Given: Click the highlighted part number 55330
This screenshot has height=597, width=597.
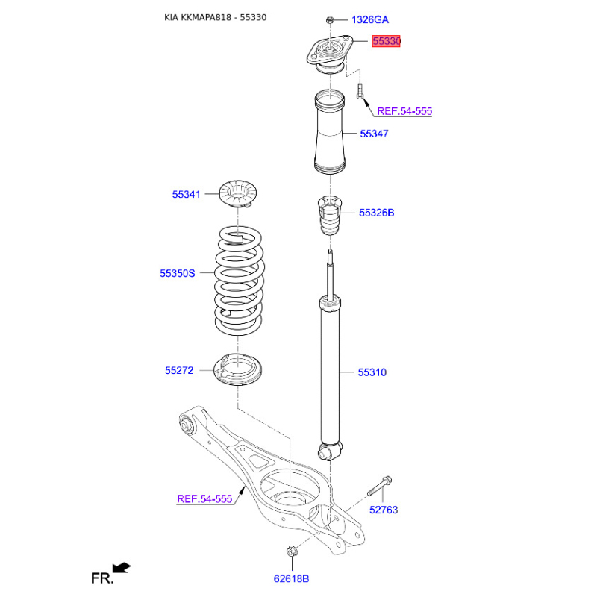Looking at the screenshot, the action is coord(387,41).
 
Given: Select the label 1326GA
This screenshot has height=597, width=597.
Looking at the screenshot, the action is coord(369,20).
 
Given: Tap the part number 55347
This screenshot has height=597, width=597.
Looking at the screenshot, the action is coord(374,134).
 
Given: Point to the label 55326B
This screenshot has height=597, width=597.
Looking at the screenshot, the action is coord(377,213).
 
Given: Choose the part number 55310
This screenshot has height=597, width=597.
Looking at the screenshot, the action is coord(372,372).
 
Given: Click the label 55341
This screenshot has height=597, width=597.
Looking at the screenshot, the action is coord(186,194).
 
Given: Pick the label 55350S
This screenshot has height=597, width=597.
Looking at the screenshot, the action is coord(177,273).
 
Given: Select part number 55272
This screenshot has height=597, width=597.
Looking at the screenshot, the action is coord(179,370).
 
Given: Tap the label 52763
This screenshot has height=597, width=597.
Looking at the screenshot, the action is coord(384,510).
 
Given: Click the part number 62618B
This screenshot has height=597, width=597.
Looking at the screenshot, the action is coord(291,579).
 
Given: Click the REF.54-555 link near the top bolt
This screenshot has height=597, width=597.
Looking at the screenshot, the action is coord(404,111).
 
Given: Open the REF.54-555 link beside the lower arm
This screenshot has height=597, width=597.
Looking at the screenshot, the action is coord(204,498).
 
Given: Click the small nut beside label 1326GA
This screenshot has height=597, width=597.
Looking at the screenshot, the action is coord(330,19).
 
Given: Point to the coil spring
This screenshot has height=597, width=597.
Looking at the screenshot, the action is coord(239,281).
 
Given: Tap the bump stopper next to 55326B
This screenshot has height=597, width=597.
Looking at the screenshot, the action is coord(330,215).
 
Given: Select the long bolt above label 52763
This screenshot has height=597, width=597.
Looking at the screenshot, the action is coord(380,487).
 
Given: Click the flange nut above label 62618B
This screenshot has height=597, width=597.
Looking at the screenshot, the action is coord(292,551).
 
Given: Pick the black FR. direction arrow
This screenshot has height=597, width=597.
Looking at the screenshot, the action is coord(122,568).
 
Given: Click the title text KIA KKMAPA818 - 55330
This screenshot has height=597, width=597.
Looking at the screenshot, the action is coord(216,17).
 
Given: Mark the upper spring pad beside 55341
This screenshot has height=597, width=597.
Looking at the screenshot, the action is coord(238,194).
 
